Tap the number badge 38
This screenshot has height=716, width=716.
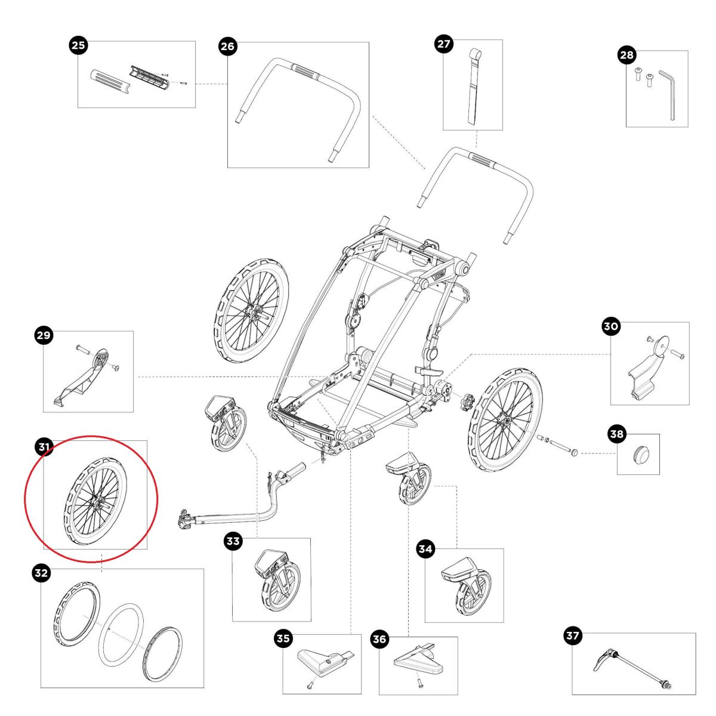coord(616,434)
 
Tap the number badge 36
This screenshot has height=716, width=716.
coord(380,639)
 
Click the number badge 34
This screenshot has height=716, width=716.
coord(425,550)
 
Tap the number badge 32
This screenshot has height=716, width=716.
coord(41,573)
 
